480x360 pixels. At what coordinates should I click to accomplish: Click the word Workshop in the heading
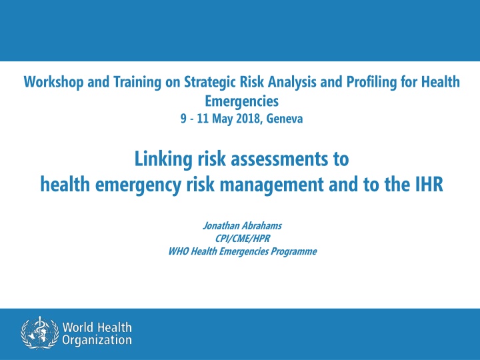(53, 82)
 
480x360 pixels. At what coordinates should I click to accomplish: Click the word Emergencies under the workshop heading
(241, 101)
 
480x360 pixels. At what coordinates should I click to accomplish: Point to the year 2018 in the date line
(248, 119)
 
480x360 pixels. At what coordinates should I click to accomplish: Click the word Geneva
(285, 119)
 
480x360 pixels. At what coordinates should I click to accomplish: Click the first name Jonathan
(221, 226)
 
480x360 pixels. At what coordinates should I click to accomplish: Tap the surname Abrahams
(262, 226)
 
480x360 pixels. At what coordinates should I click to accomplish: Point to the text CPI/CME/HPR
(243, 239)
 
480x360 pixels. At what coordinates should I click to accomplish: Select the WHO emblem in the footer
(40, 333)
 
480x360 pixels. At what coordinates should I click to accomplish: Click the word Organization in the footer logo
(97, 341)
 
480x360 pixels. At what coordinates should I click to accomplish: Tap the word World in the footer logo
(78, 327)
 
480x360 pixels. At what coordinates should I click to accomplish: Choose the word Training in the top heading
(137, 83)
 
